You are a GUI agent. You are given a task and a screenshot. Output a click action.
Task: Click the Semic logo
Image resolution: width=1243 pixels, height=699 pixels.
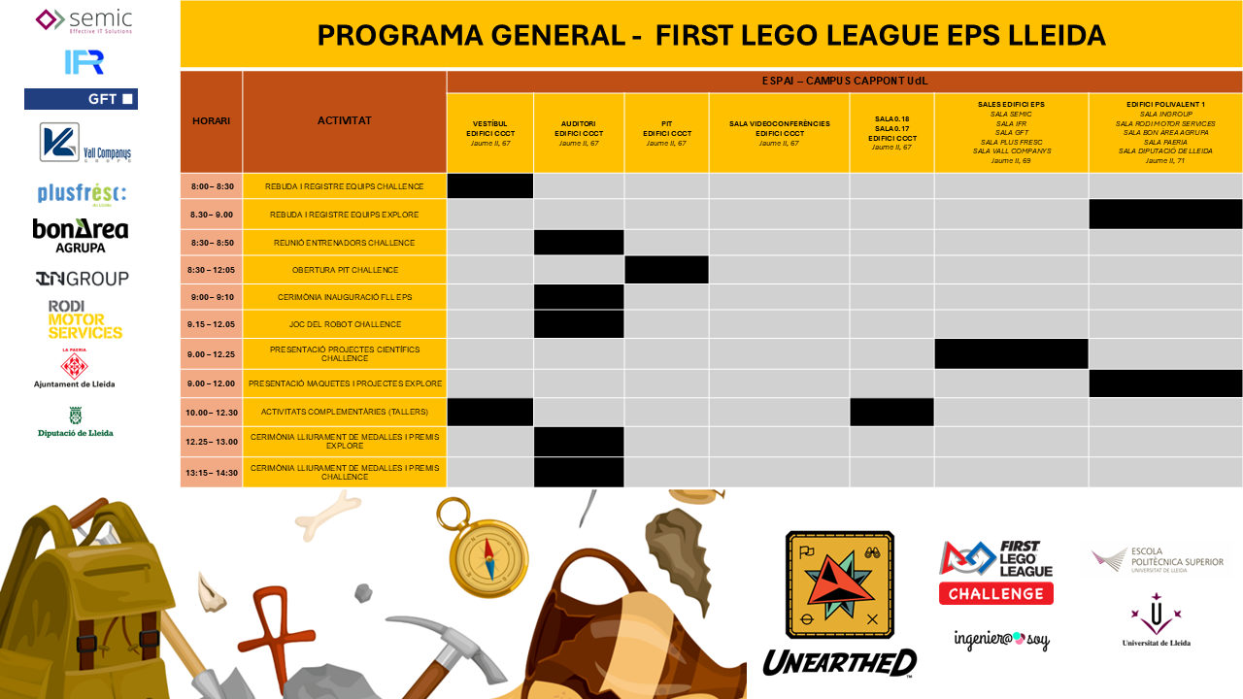click(x=84, y=20)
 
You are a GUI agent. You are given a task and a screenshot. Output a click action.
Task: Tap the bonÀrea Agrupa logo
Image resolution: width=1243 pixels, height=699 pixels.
click(x=81, y=235)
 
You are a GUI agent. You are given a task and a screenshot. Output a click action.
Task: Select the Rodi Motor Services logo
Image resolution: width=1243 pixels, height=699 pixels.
click(x=85, y=319)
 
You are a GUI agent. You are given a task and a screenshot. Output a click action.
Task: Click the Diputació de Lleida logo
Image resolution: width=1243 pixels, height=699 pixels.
click(x=76, y=421)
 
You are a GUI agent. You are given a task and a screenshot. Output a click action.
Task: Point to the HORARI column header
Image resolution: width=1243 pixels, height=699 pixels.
click(x=211, y=121)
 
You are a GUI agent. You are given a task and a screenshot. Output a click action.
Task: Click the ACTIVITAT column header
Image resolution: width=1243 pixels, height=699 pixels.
click(x=344, y=121)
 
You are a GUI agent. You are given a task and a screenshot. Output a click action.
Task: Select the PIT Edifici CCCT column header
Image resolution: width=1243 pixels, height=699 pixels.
click(x=666, y=133)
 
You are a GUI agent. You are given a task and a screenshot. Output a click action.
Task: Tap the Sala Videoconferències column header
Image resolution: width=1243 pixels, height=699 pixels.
click(x=779, y=133)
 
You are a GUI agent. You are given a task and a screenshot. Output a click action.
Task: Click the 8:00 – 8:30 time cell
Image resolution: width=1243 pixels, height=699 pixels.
click(x=211, y=185)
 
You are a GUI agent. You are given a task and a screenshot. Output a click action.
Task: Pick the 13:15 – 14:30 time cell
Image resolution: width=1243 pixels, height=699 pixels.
click(x=211, y=472)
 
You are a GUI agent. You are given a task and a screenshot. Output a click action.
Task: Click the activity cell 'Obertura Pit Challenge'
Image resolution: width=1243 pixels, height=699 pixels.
click(x=345, y=270)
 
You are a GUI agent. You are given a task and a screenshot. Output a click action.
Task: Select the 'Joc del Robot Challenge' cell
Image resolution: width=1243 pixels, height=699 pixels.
click(x=345, y=324)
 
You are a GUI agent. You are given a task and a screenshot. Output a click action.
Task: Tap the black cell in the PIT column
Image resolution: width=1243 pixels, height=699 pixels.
click(x=666, y=270)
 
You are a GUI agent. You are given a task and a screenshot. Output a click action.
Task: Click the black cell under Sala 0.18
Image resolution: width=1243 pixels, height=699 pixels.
click(x=891, y=412)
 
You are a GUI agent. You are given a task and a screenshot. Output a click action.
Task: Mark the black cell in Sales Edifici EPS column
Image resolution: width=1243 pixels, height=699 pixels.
click(x=1011, y=353)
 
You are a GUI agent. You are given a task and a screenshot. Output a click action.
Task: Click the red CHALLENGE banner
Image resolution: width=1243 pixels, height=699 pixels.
click(x=995, y=593)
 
